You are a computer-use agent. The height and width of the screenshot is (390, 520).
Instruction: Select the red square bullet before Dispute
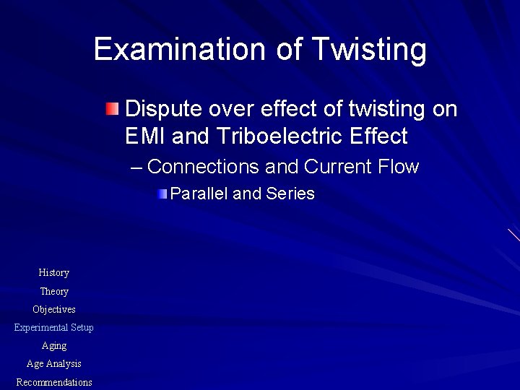(x=110, y=110)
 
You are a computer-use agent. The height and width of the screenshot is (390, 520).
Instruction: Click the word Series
(x=290, y=194)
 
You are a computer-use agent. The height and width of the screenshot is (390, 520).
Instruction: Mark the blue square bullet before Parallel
(x=164, y=194)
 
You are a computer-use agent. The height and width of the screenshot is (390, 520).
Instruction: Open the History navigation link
(x=54, y=273)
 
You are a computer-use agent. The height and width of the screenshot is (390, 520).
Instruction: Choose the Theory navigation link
(x=54, y=292)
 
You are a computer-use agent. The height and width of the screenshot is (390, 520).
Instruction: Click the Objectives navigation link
(x=54, y=310)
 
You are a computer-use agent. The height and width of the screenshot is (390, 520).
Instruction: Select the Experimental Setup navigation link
(x=54, y=328)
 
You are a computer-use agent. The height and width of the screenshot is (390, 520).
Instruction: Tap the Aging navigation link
(x=54, y=346)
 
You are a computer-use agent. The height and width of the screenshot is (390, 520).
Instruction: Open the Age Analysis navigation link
(x=54, y=364)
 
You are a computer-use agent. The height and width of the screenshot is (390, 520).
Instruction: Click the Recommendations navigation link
(x=54, y=382)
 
